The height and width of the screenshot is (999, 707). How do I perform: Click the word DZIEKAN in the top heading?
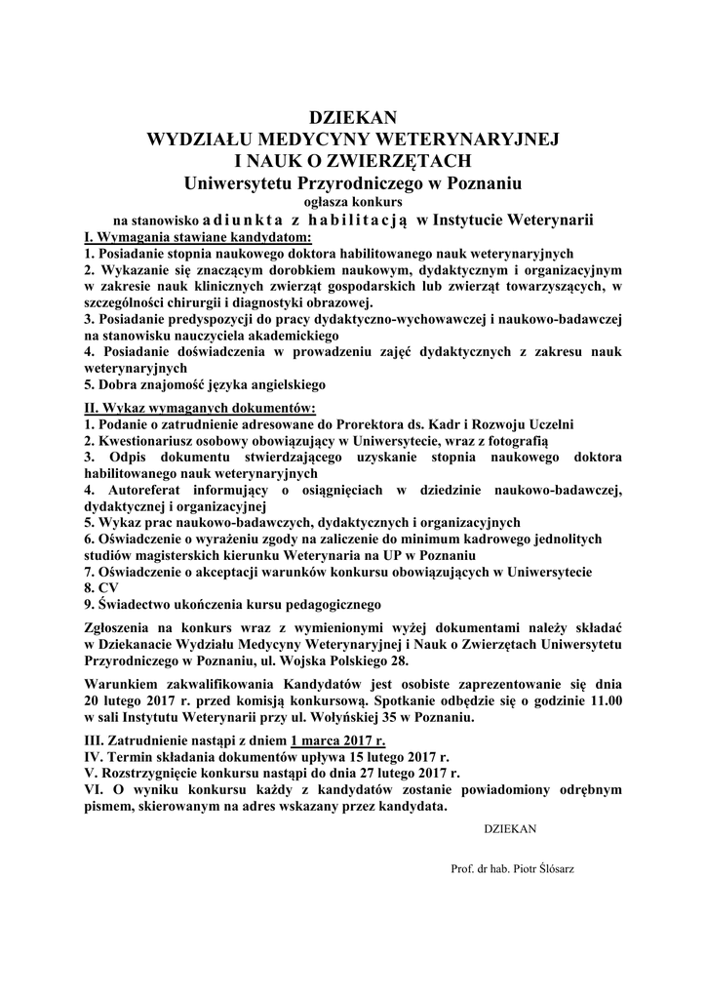tap(353, 119)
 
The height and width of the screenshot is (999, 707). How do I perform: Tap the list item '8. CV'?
tap(101, 589)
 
